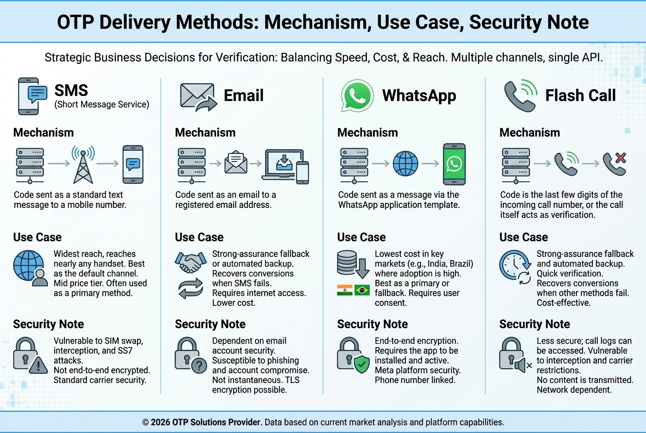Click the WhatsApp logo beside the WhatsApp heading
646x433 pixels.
tap(357, 95)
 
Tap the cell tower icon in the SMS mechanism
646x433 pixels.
tap(83, 165)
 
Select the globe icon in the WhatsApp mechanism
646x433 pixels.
tap(405, 163)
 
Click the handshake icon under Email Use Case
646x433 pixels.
tap(191, 262)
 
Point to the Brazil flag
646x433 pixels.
tap(362, 290)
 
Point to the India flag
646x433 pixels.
tap(344, 290)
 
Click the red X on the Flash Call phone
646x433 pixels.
tap(620, 158)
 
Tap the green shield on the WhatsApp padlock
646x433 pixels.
tap(362, 364)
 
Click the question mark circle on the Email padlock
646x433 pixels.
tap(199, 366)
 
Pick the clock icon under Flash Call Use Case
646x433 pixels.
tap(515, 265)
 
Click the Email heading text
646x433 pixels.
tap(244, 95)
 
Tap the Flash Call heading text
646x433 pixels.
tap(581, 95)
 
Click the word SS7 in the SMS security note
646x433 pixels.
tap(124, 351)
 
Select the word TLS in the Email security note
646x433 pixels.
tap(293, 380)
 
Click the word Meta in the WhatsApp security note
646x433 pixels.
tap(385, 370)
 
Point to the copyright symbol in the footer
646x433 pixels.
tap(146, 422)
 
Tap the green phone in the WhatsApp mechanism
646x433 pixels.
tap(454, 164)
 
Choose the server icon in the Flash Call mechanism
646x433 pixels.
tap(516, 165)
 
